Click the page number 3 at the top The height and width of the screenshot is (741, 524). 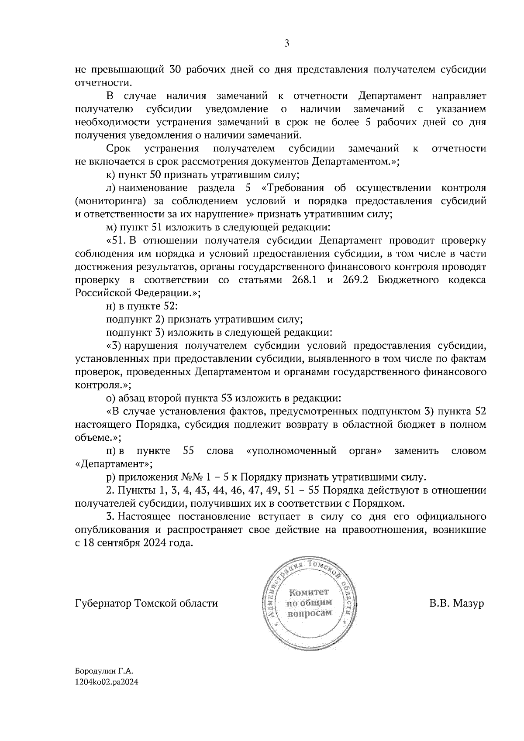tap(286, 43)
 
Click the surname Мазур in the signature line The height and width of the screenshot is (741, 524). tap(469, 604)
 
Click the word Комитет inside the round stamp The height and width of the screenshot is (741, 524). tap(308, 592)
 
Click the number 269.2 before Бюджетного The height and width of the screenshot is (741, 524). tap(355, 280)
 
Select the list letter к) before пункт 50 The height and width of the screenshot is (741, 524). tap(110, 175)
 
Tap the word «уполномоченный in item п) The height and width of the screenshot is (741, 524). tap(291, 451)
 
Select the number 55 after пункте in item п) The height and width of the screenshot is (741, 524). tap(189, 451)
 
